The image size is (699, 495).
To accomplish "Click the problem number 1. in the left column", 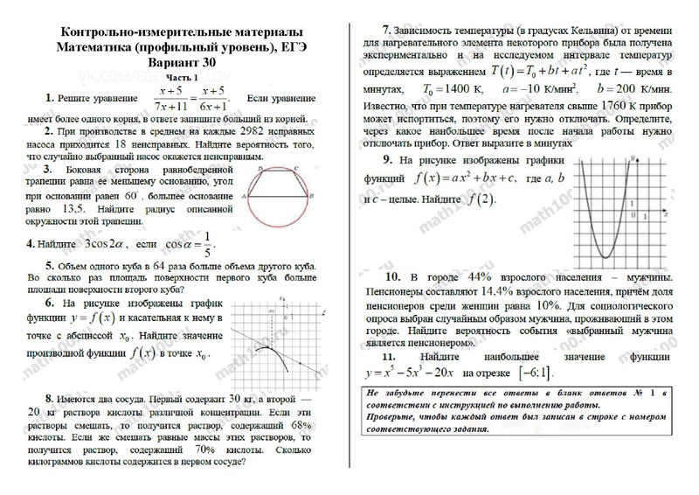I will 52,99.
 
